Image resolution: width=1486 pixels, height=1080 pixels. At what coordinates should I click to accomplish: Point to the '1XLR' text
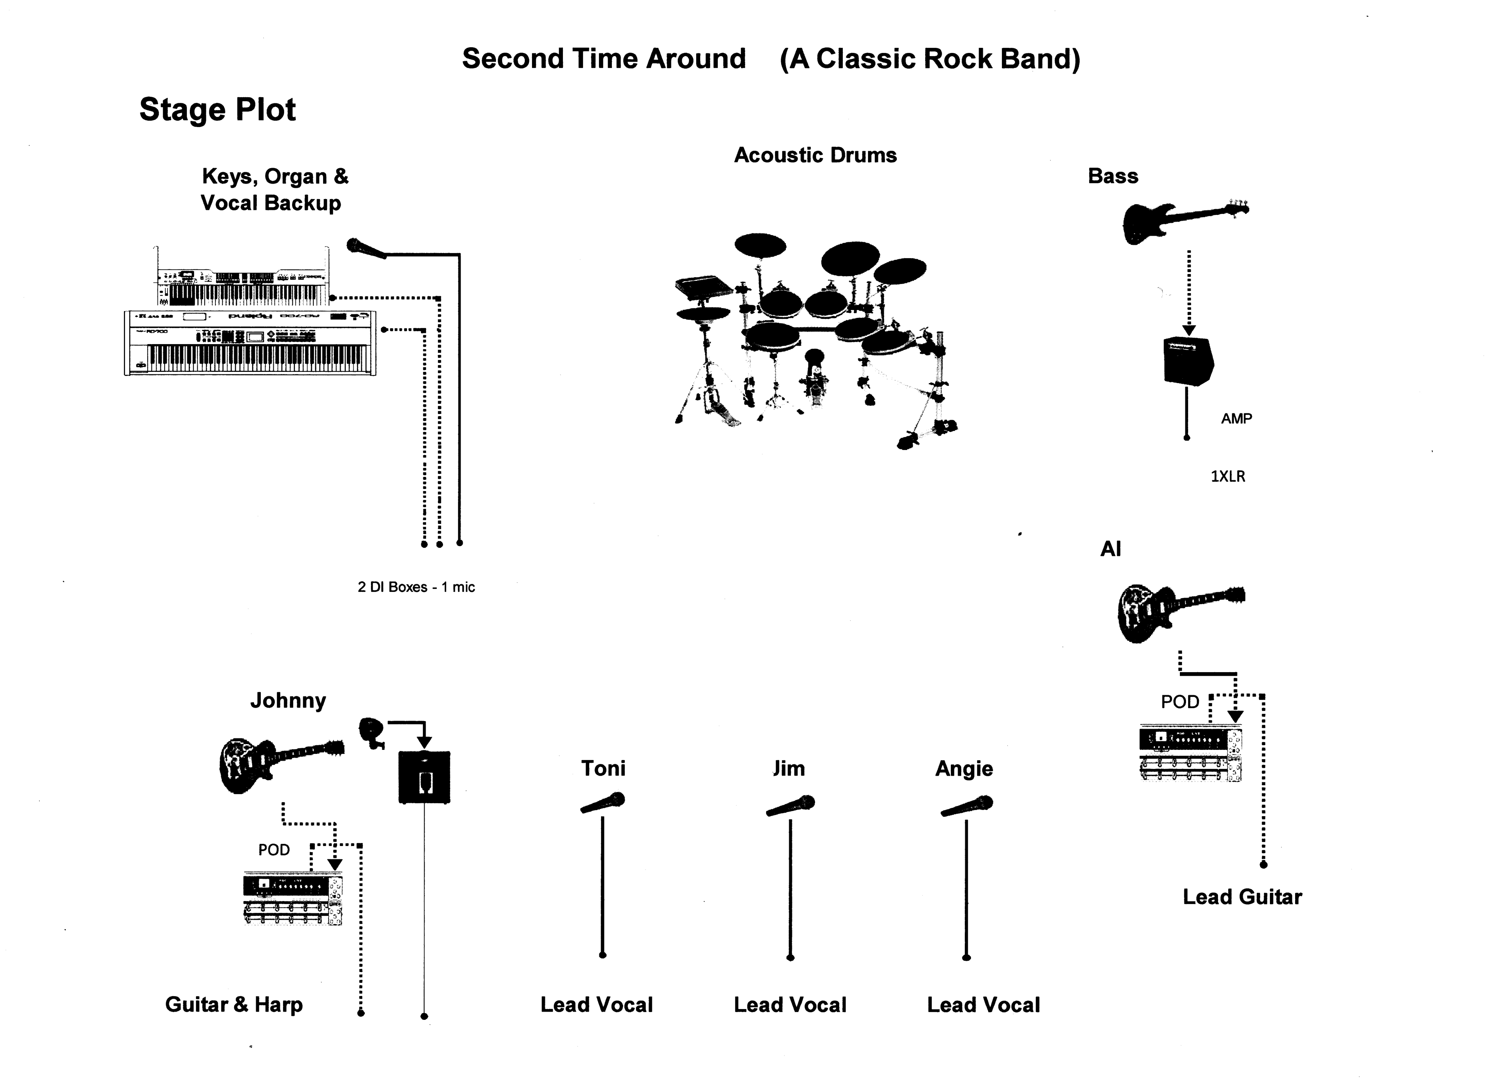click(x=1228, y=477)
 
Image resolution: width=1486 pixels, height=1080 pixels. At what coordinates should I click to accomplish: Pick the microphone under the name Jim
click(x=790, y=806)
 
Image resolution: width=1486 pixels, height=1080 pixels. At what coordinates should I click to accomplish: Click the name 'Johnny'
click(x=288, y=701)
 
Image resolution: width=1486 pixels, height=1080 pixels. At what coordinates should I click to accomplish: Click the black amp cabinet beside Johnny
click(x=425, y=777)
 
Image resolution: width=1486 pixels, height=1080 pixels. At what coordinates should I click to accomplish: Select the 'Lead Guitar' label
click(x=1242, y=897)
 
